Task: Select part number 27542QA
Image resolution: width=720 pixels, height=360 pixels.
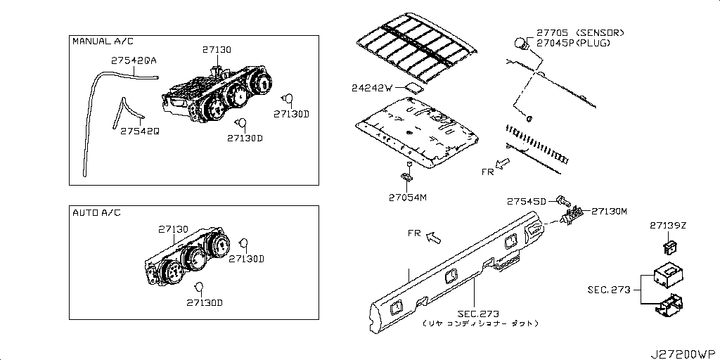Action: click(x=133, y=62)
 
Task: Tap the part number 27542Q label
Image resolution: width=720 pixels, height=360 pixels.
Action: click(x=139, y=131)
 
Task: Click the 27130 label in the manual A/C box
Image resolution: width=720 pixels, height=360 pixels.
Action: click(x=217, y=50)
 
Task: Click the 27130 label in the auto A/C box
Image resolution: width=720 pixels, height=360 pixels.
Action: click(x=172, y=229)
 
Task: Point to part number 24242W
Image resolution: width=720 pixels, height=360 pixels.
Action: click(x=371, y=89)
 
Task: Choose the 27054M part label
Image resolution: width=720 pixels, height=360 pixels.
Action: click(x=409, y=197)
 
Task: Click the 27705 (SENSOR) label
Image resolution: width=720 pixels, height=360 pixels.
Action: click(x=580, y=33)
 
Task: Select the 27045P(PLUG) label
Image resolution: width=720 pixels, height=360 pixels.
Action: click(x=573, y=43)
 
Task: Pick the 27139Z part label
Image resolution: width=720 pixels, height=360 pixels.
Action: click(x=667, y=226)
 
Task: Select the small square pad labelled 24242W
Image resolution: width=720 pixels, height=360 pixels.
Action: click(x=413, y=88)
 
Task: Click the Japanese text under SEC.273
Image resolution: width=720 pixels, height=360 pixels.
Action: click(x=480, y=323)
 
